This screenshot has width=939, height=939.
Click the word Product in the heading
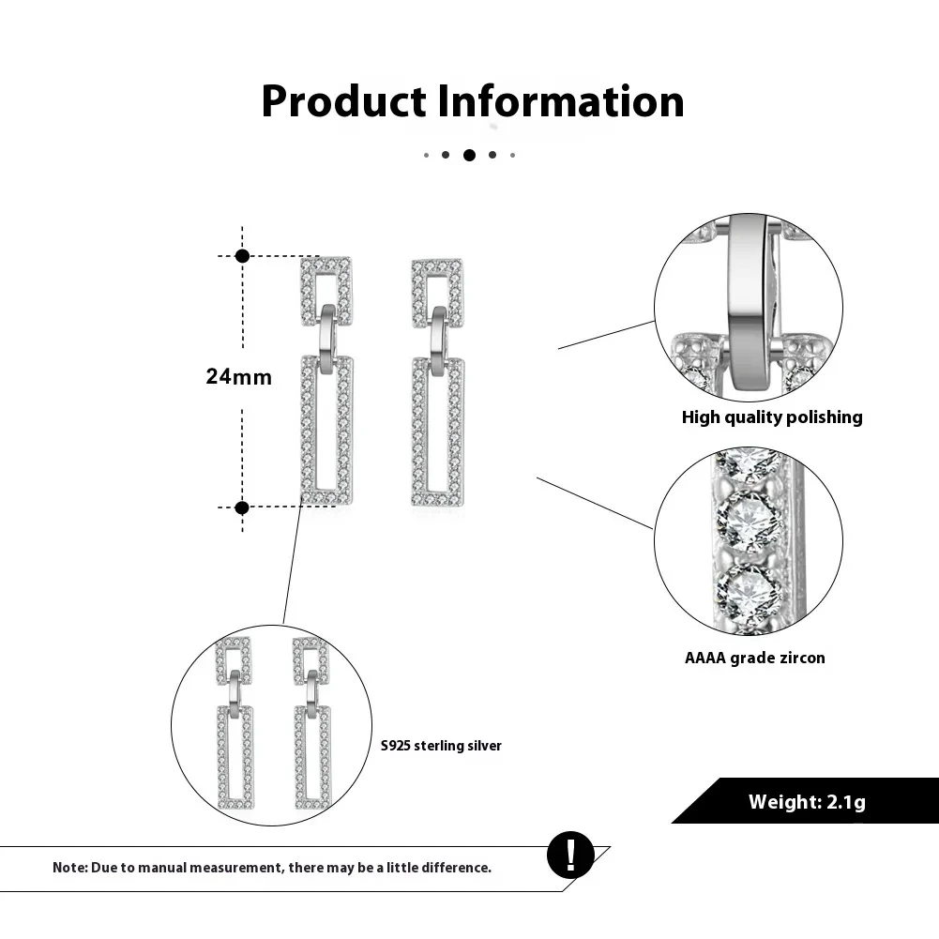343,101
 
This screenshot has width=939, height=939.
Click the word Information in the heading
561,101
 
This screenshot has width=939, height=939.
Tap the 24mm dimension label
239,377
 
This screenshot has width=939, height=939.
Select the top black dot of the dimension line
242,255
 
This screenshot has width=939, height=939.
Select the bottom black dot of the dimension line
242,507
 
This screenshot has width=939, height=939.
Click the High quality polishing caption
772,417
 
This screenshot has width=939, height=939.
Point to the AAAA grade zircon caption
755,658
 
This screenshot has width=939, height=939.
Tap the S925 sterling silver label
441,746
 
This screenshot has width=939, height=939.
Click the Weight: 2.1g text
807,802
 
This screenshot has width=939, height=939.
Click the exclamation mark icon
570,855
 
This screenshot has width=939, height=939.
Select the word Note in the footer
69,868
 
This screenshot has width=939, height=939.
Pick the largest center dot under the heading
469,155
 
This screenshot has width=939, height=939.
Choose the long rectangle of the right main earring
438,432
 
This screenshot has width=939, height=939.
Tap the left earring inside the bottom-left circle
235,722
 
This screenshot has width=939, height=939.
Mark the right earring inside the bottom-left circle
311,722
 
